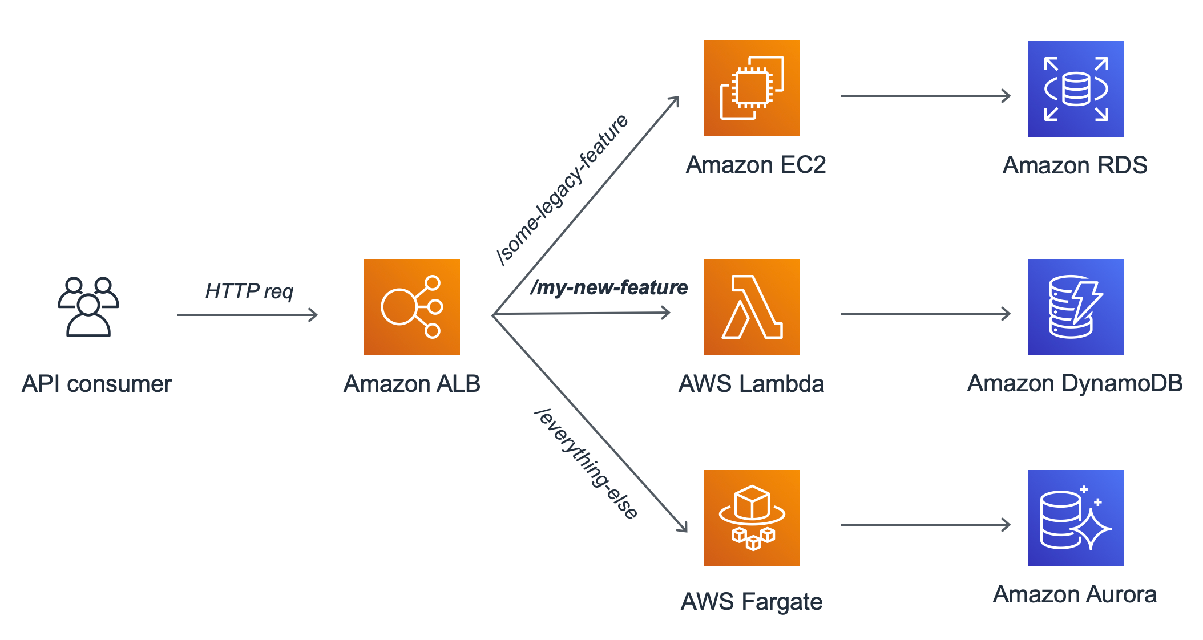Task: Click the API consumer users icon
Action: (88, 307)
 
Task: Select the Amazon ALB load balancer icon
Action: (411, 307)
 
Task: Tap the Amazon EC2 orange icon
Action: (752, 88)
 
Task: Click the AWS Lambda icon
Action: (752, 307)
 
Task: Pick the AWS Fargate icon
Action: (752, 518)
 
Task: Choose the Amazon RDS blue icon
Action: (1076, 89)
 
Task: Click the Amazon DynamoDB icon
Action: (1076, 307)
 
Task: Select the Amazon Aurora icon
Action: (1076, 518)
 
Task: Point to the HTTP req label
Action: (249, 291)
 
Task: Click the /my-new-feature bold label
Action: (609, 287)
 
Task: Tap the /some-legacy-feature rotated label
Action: (563, 190)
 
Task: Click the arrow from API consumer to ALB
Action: (247, 314)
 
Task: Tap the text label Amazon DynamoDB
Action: (1075, 383)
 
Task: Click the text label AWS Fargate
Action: (752, 602)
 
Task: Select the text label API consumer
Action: (96, 384)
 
